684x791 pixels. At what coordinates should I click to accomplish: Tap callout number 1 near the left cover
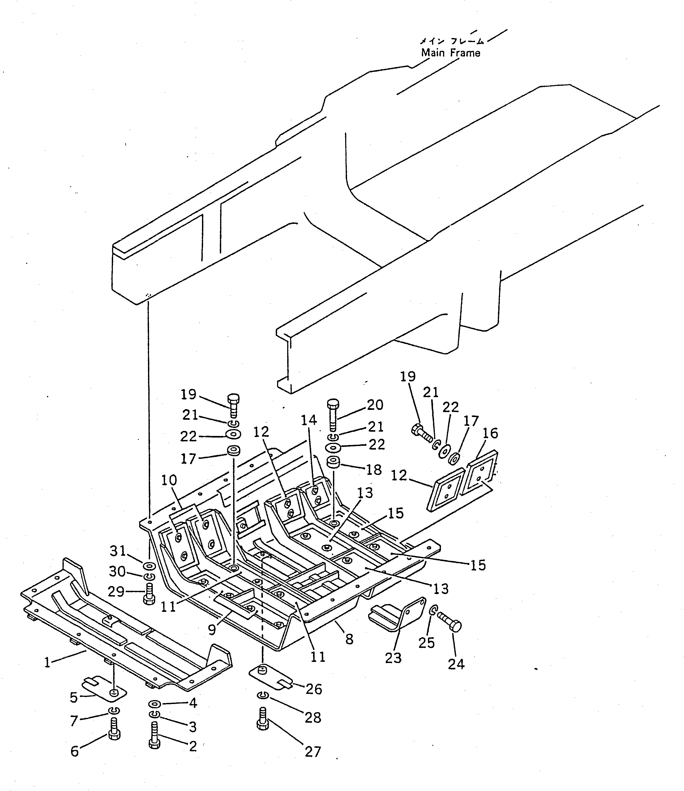pyautogui.click(x=47, y=662)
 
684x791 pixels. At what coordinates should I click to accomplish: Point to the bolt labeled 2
pyautogui.click(x=154, y=735)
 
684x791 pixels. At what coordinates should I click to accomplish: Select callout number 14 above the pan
pyautogui.click(x=309, y=420)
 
